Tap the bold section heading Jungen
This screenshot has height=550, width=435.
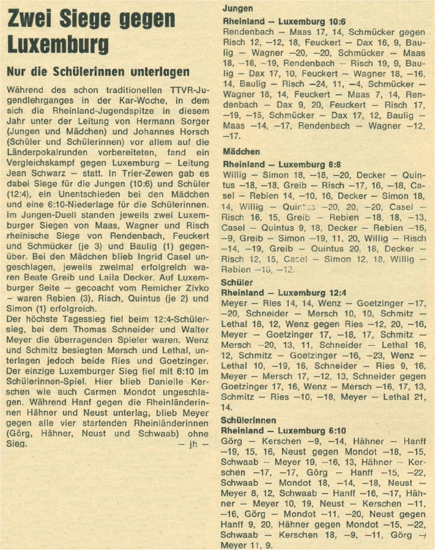click(237, 10)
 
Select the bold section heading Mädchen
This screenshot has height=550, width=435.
click(241, 152)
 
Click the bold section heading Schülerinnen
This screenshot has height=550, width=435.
click(248, 420)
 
